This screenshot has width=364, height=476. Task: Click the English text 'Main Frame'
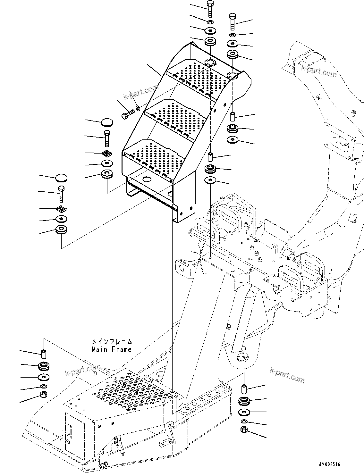click(x=112, y=349)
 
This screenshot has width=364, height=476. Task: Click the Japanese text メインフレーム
click(x=112, y=342)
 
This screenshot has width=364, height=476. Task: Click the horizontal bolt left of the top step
click(x=127, y=114)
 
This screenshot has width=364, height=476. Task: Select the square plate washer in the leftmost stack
click(x=61, y=209)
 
